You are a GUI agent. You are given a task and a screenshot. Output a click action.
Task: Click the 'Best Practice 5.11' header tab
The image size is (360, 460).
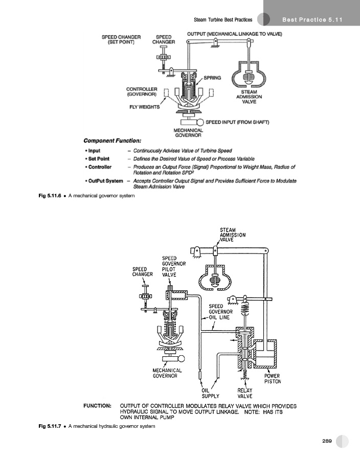(x=312, y=20)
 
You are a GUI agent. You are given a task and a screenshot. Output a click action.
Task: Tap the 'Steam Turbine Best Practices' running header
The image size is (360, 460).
(x=223, y=20)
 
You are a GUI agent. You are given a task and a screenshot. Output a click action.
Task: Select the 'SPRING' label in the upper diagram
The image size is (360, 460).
(x=212, y=78)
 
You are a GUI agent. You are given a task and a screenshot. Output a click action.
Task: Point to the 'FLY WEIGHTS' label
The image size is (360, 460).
(x=145, y=107)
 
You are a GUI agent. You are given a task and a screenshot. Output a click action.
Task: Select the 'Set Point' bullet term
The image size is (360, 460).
(x=99, y=159)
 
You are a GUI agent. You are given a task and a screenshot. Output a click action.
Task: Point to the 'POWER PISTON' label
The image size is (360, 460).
(x=272, y=378)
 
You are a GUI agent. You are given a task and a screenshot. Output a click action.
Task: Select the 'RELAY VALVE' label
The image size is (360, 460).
(x=245, y=393)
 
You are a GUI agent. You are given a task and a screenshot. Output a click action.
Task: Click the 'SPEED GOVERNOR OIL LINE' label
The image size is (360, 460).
(x=221, y=311)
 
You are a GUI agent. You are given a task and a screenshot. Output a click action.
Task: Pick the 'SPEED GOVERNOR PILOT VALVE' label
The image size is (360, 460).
(x=169, y=266)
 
